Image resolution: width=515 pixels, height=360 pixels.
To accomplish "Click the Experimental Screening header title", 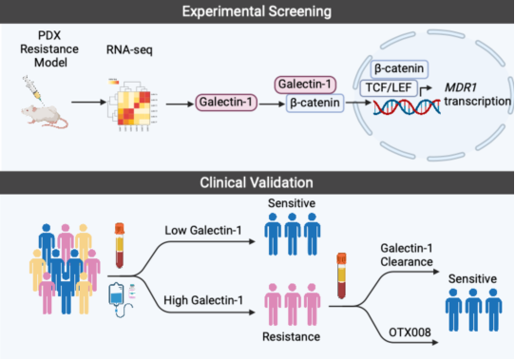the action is pos(257,11).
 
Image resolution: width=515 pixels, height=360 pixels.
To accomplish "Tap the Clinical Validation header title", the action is pos(257,182).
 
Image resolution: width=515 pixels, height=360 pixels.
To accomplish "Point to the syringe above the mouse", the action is pos(33,87).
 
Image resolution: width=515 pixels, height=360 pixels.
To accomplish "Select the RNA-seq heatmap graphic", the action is pos(131,105).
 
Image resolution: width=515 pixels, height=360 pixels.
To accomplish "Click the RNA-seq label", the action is pos(129,50).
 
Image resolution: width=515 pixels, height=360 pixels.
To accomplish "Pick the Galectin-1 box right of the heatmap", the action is pos(226,103).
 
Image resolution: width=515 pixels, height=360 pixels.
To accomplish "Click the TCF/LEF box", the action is pos(389,88).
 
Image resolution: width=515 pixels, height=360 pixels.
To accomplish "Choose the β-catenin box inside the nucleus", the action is pos(399,69).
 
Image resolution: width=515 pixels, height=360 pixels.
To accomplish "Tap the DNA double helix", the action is pos(407,106).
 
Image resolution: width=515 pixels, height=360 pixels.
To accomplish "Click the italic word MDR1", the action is pos(461,87).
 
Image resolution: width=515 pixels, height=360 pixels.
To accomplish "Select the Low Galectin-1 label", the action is pos(203,231).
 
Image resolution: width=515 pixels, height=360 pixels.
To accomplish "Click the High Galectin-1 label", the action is pos(203,300).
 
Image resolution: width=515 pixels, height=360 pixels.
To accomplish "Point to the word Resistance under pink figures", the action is pos(292,336).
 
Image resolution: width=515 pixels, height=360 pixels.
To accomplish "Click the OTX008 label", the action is pos(410,332).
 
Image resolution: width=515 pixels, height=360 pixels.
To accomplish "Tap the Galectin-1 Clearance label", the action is pos(407,255).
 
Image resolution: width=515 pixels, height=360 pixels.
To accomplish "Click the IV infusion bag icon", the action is pos(117,299).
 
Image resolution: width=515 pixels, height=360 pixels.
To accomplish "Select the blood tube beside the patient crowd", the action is pos(120,245).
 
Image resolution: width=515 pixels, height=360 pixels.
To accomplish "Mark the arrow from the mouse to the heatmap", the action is pos(88,103).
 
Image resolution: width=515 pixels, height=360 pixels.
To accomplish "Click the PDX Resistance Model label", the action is pos(49,49).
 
